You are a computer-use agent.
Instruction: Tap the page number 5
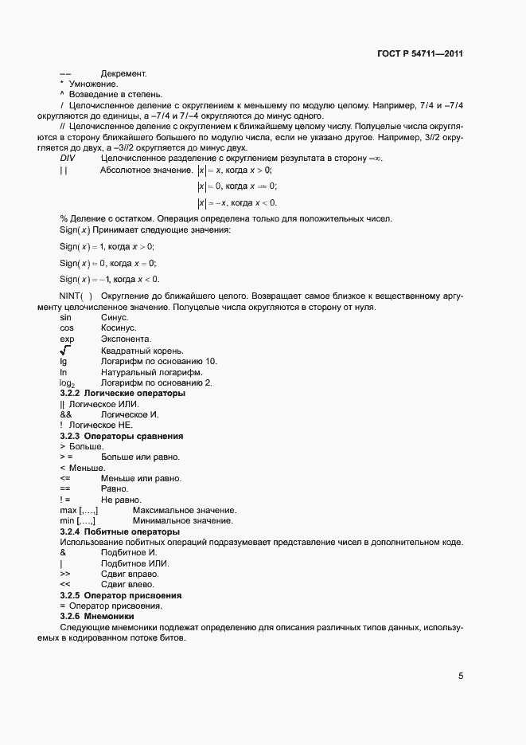(x=460, y=676)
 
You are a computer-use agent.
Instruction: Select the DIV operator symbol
(x=68, y=159)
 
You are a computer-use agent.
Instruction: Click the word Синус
(x=115, y=317)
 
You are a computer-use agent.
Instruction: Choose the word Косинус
(x=119, y=328)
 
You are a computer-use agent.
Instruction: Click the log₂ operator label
(x=68, y=383)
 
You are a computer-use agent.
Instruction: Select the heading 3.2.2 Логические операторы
(x=123, y=394)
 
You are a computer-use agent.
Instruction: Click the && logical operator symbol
(x=66, y=415)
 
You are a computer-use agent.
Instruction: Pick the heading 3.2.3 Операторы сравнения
(x=122, y=437)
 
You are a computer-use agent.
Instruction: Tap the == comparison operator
(x=65, y=489)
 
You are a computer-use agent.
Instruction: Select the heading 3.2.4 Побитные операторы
(x=119, y=531)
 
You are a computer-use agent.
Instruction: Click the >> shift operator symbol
(x=65, y=574)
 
